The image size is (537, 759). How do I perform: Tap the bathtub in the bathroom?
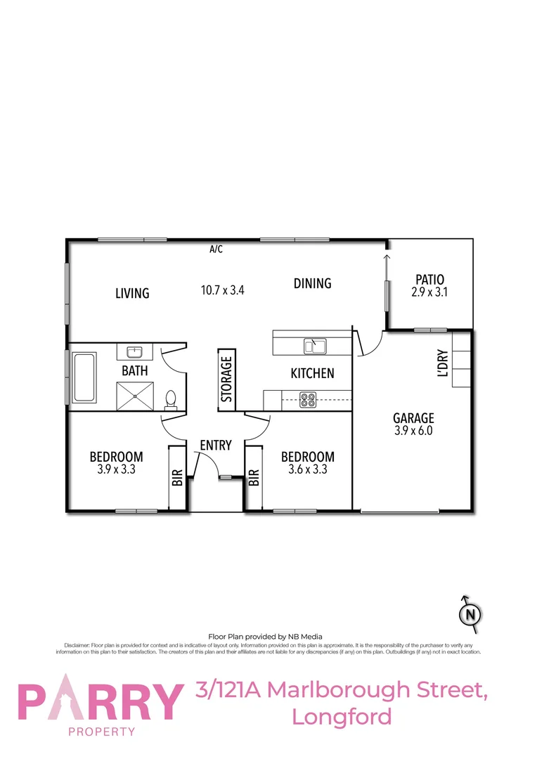[84, 377]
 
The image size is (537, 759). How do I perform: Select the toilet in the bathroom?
[170, 400]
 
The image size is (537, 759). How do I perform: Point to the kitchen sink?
[314, 346]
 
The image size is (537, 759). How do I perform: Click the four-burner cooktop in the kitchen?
[308, 400]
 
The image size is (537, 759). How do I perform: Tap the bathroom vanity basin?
[135, 352]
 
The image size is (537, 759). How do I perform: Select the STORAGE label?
[226, 379]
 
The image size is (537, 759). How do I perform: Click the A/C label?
[216, 249]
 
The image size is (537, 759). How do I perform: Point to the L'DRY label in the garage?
[443, 363]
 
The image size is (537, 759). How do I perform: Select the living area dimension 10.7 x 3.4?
[223, 290]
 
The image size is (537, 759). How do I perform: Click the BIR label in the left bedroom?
[177, 478]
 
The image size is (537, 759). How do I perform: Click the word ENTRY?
[215, 445]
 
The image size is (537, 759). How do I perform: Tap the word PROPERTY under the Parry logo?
[101, 732]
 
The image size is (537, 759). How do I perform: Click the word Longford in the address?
[342, 717]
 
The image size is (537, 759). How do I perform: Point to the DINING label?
[312, 283]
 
